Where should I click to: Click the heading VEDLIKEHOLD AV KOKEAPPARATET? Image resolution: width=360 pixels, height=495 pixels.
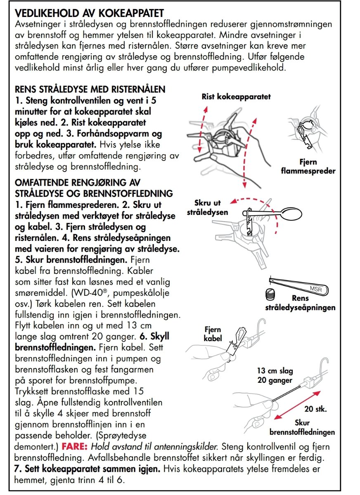tap(89, 13)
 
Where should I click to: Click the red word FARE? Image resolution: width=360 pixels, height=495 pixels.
tap(75, 446)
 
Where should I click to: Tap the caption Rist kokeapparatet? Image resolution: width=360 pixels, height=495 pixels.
tap(236, 97)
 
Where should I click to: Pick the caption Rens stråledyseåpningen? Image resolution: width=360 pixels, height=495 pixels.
tap(300, 303)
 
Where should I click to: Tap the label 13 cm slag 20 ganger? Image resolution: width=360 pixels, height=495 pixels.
tap(275, 375)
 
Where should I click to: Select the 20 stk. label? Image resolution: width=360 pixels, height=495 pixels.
tap(315, 410)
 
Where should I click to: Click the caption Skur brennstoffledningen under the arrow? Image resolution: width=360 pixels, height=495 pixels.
tap(302, 427)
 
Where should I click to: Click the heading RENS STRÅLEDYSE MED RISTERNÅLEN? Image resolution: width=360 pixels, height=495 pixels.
tap(90, 89)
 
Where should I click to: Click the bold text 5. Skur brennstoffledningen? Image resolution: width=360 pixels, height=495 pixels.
tap(71, 261)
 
